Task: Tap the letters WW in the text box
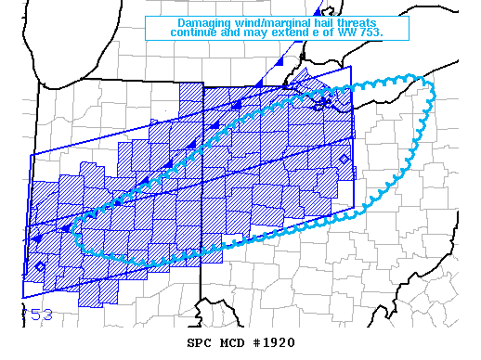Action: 355,33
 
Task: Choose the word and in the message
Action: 237,33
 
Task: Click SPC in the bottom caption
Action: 200,342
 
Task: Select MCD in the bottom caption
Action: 230,342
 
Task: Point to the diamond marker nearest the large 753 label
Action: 40,267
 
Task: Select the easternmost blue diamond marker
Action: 344,160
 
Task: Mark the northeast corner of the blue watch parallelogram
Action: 354,67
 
